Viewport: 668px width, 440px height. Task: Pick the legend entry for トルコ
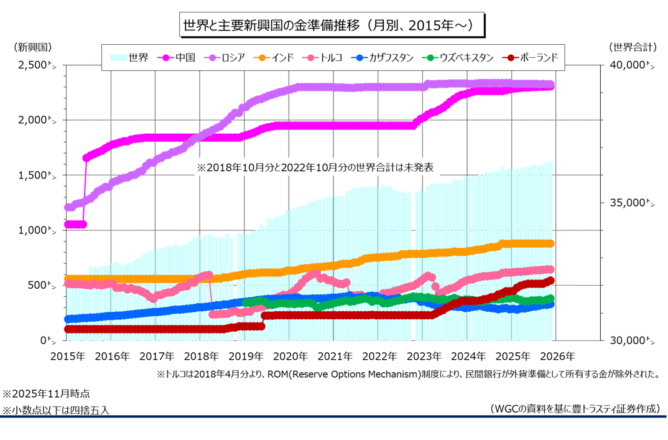point(324,57)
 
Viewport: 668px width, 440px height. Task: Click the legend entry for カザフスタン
point(383,57)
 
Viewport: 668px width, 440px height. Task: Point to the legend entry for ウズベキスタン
point(458,57)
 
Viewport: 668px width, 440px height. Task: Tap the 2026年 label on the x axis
point(557,357)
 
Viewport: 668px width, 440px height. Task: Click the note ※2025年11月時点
point(46,394)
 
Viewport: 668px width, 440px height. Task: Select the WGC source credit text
point(575,409)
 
